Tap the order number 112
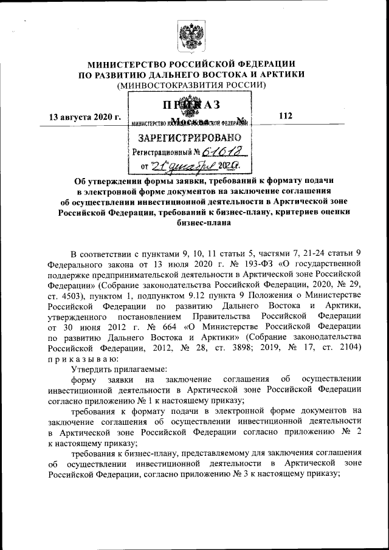(x=285, y=115)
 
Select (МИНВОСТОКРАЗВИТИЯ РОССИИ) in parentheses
(x=192, y=85)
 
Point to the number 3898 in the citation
(x=246, y=348)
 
